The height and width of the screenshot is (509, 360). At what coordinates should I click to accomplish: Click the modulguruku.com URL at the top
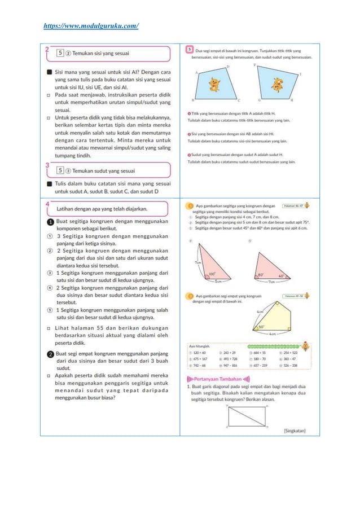91,25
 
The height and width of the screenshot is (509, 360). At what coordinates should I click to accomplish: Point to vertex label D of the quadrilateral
227,67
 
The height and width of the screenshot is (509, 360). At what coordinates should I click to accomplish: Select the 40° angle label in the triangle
282,276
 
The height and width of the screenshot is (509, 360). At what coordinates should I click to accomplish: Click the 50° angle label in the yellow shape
261,327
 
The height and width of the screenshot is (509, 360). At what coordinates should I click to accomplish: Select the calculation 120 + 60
200,353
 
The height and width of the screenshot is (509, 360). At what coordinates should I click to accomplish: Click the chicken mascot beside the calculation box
305,346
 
